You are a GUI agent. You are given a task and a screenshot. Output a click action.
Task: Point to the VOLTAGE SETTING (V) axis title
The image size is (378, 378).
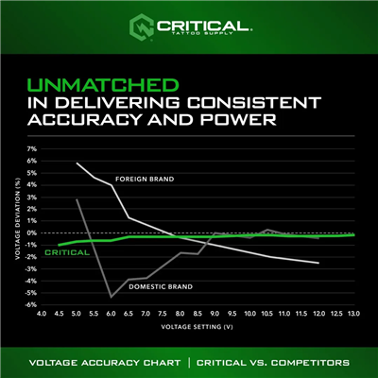(x=198, y=329)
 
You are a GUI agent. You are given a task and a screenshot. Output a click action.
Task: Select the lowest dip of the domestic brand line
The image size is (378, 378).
(x=112, y=297)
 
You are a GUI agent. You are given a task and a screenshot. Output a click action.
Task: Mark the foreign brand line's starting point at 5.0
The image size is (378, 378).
(x=77, y=163)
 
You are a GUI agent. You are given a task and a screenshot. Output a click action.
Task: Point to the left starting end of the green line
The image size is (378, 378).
(x=60, y=245)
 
